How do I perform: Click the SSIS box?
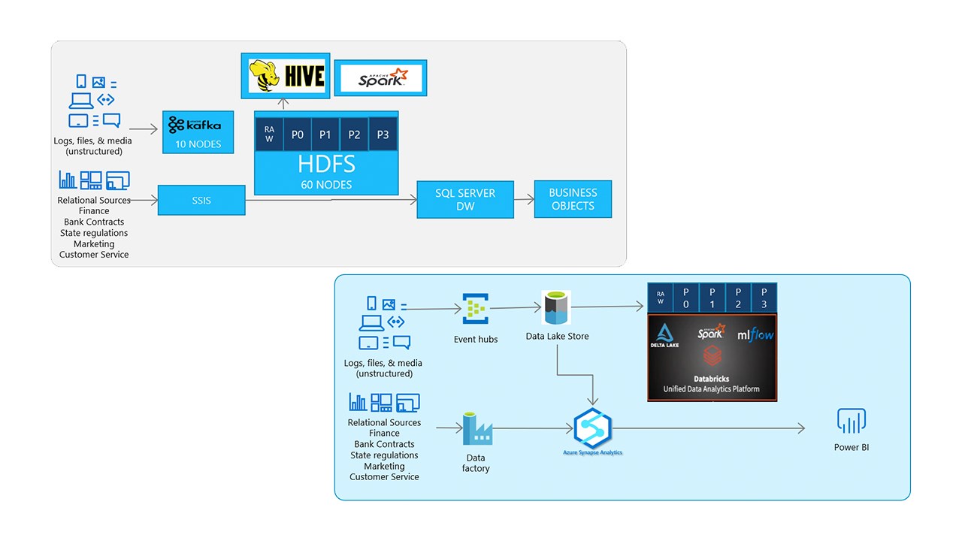point(201,200)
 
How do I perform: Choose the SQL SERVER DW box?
point(465,199)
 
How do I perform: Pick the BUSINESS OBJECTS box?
point(573,199)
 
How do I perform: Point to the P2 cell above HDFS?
point(354,134)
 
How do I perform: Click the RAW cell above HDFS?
point(269,134)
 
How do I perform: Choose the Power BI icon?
point(852,422)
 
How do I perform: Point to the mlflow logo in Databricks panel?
point(755,334)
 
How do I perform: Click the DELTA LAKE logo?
point(664,335)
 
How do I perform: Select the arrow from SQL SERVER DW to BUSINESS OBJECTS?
point(524,200)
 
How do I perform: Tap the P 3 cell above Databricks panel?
point(763,298)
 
